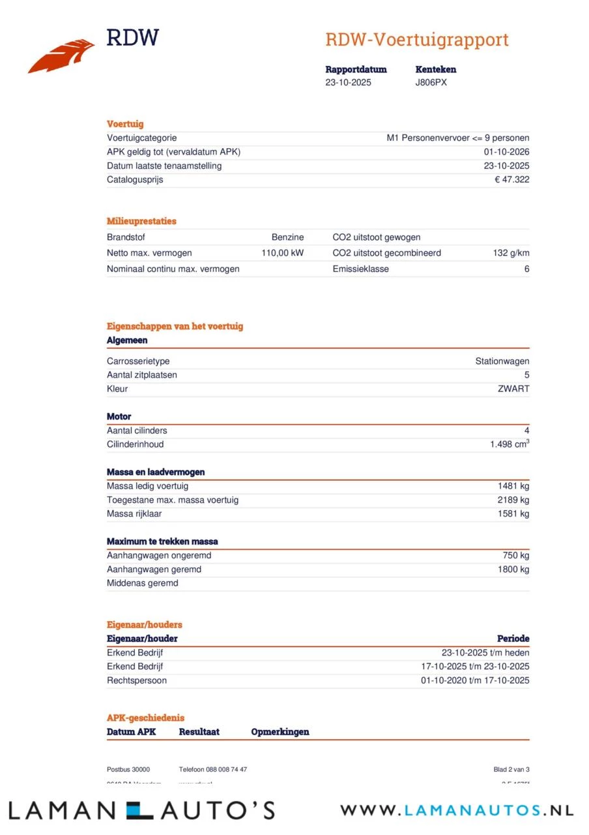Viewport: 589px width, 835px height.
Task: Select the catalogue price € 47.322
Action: [x=511, y=180]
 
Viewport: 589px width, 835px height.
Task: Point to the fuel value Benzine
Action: [x=287, y=237]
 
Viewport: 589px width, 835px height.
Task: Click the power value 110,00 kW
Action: [x=282, y=253]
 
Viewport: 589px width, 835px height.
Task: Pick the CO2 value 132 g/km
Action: [x=511, y=253]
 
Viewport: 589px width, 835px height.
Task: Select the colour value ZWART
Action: [x=513, y=389]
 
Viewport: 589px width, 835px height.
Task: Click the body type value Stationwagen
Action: [x=502, y=361]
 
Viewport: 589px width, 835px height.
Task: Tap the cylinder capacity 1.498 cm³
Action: [x=510, y=444]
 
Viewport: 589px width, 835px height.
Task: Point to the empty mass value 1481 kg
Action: [x=513, y=486]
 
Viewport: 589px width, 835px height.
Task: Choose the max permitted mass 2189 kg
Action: [x=513, y=500]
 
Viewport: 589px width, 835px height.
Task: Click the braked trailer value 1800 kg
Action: [x=513, y=569]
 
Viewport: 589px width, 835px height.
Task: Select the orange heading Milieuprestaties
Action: [x=141, y=221]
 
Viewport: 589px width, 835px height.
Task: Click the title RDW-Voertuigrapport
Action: [x=417, y=40]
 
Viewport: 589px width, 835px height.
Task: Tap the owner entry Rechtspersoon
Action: [x=136, y=680]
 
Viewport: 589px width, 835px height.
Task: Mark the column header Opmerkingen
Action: [x=280, y=732]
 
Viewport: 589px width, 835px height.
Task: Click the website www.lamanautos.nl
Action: [x=456, y=811]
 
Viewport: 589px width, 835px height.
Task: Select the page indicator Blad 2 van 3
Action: [x=511, y=770]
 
